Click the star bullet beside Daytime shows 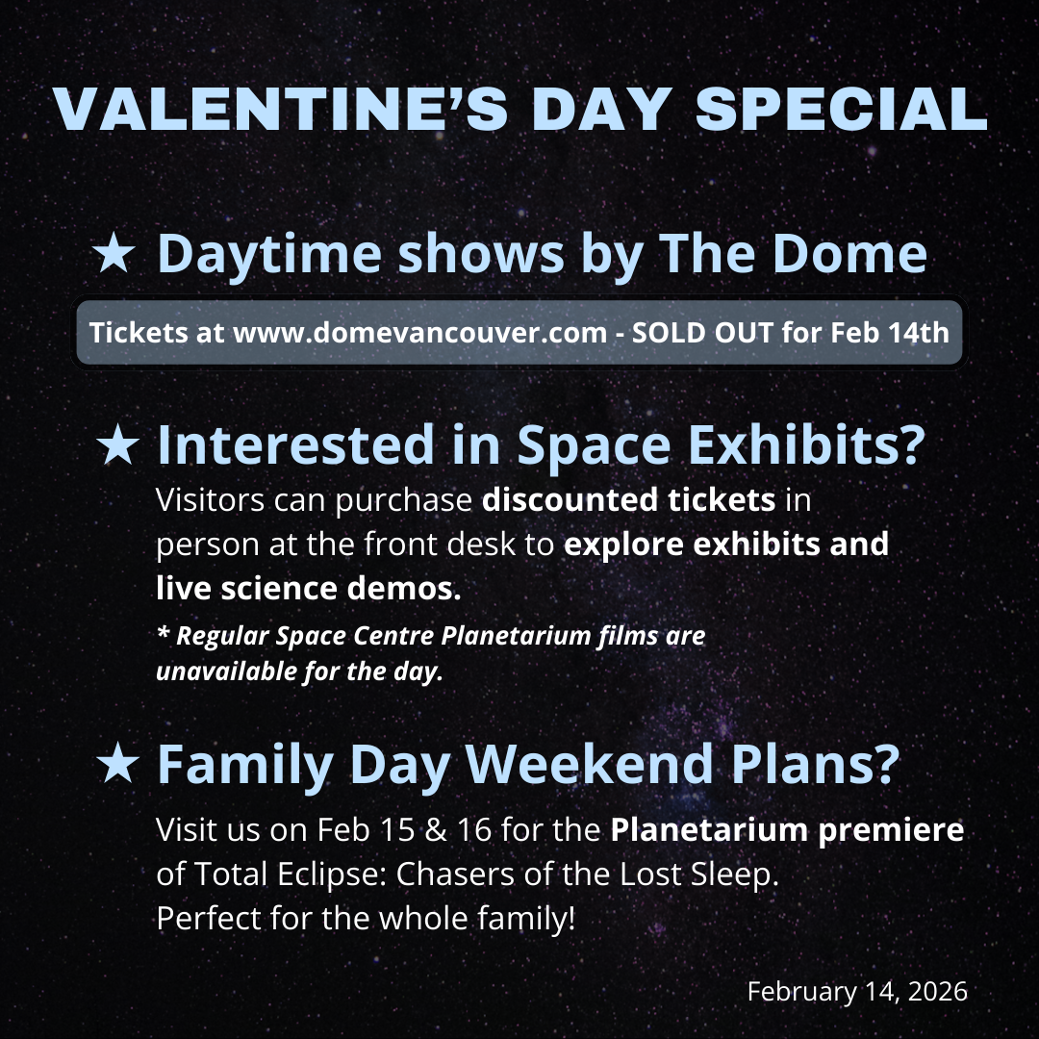[x=114, y=252]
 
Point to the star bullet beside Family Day [x=118, y=763]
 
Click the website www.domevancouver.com [x=420, y=333]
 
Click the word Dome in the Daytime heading [x=850, y=253]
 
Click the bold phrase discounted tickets [x=628, y=499]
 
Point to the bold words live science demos [x=308, y=588]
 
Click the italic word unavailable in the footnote [x=226, y=672]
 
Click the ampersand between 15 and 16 [x=436, y=829]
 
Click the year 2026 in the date [x=938, y=991]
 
